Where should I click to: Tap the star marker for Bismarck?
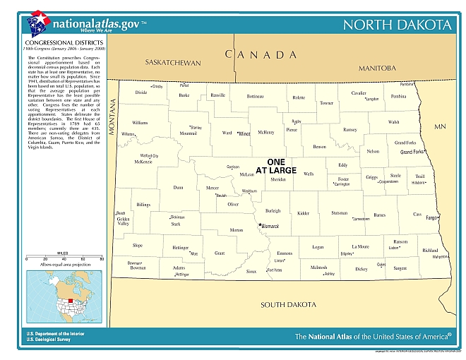tap(260, 225)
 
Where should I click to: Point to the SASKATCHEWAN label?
tap(173, 63)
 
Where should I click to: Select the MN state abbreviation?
tap(440, 126)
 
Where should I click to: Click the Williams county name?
tap(140, 123)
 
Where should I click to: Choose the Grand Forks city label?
tap(412, 152)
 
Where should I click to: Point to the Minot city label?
tap(244, 133)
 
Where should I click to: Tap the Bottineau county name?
tap(256, 96)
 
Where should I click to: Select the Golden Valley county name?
tap(124, 221)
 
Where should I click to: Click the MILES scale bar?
tap(64, 256)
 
